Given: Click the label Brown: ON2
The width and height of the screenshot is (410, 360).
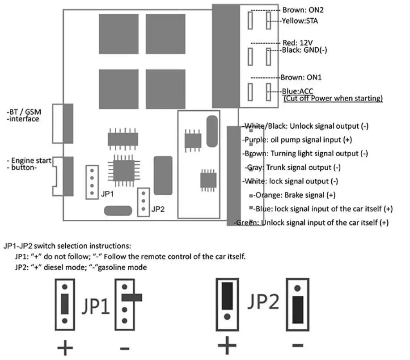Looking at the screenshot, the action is [x=303, y=10].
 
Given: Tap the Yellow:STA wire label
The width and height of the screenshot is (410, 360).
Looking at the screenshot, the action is [x=300, y=21].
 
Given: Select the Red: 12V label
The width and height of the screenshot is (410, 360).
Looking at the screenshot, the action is [x=298, y=42].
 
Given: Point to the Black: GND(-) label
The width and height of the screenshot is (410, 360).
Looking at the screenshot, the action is [x=304, y=50].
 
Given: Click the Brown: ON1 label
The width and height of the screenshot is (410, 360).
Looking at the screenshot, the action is [x=301, y=77].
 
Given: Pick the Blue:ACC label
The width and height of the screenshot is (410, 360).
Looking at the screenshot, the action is [x=297, y=91].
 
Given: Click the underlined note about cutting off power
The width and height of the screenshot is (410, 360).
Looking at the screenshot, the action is [x=333, y=99].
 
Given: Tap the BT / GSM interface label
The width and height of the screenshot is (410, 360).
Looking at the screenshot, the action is [x=24, y=115].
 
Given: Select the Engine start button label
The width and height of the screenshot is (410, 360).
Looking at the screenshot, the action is [x=29, y=164].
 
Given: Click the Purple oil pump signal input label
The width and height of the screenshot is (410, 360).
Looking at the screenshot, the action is [x=297, y=140].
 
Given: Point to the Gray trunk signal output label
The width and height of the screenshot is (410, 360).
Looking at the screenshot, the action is [x=292, y=167].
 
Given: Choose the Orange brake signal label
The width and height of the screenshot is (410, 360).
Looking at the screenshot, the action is [x=294, y=195].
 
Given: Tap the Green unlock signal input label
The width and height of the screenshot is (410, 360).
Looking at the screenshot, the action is [x=311, y=222].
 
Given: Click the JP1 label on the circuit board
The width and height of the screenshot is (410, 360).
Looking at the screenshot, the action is [x=107, y=194].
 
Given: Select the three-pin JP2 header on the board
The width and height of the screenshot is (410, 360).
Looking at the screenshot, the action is [x=143, y=202].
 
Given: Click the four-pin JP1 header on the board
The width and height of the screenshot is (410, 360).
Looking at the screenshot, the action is [x=92, y=182].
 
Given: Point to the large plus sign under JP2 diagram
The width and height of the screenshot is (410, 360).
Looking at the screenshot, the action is [x=227, y=345].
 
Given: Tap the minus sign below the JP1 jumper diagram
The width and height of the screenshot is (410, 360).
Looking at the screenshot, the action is [x=124, y=348].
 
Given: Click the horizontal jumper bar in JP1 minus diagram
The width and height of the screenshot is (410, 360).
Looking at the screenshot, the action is [x=132, y=297].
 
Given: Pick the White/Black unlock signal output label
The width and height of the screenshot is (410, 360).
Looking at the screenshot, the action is [x=305, y=126].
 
